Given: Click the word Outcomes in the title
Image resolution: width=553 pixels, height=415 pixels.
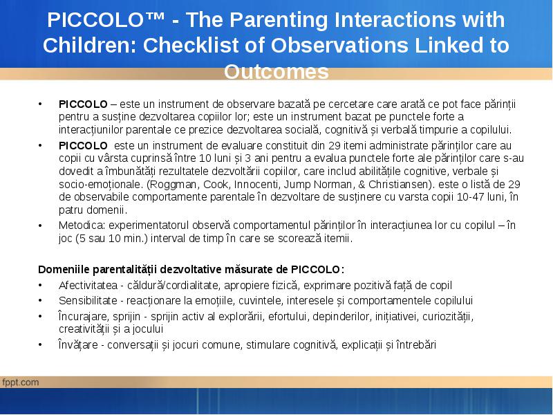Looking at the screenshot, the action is point(276,72).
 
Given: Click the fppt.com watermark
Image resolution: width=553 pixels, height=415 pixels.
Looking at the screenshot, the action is point(20,382).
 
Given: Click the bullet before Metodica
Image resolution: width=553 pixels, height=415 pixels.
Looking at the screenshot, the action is point(40,226).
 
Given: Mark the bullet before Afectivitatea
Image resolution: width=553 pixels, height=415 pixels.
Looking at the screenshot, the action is point(40,286).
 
